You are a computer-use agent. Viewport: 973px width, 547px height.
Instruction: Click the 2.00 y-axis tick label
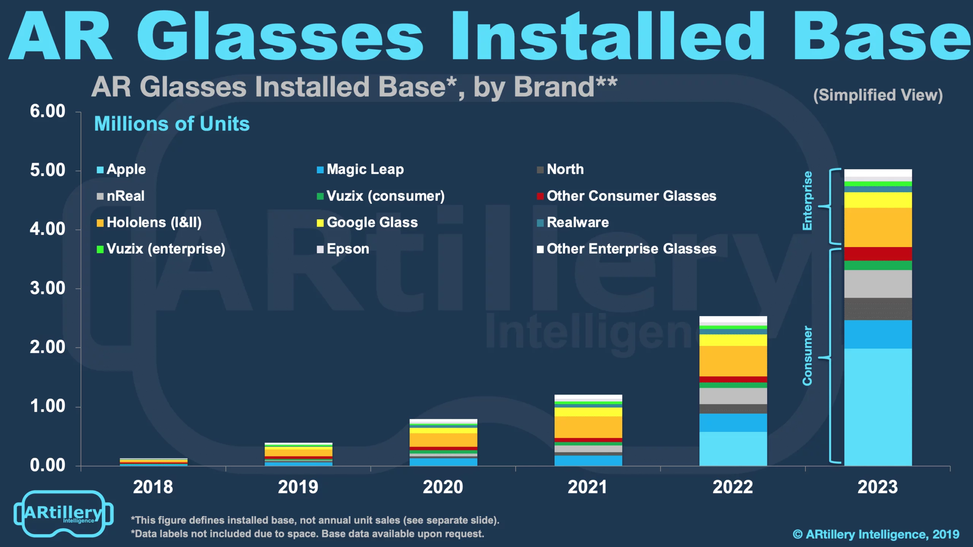(48, 347)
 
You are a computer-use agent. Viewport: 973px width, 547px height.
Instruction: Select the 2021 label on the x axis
(588, 487)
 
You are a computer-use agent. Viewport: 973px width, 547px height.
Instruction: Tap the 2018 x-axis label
(153, 487)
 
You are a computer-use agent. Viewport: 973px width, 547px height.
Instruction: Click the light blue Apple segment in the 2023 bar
(878, 407)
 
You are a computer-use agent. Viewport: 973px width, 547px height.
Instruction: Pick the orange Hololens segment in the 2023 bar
(878, 227)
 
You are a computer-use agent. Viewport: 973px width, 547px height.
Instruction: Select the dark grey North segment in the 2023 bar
(878, 309)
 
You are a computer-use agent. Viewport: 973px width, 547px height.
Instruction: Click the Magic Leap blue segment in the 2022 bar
(733, 422)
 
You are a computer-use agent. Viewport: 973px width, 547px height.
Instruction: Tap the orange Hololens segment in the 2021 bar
(588, 427)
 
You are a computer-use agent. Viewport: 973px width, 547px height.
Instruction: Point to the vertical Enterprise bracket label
(807, 201)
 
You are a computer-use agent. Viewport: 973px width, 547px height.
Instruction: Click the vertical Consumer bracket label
(807, 356)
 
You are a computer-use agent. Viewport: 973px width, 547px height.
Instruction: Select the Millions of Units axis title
(172, 124)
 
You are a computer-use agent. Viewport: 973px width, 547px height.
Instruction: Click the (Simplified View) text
(878, 95)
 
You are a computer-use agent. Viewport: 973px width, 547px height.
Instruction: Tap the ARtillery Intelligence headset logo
(63, 513)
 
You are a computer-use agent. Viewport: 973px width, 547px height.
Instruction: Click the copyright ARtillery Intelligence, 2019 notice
(876, 534)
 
